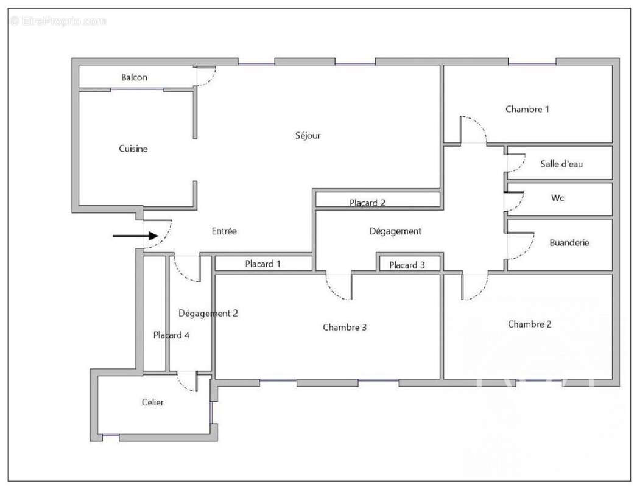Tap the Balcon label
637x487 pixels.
134,77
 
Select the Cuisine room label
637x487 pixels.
133,149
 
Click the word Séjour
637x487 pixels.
308,136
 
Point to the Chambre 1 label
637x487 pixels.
527,110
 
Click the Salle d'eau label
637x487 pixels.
561,164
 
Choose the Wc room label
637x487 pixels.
557,198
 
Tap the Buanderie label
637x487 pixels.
569,242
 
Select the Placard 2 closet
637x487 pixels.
367,203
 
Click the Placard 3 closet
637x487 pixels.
407,265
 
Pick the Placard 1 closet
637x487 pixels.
263,264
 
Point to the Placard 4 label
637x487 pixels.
171,335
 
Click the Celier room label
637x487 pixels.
152,402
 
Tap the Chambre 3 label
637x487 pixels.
345,328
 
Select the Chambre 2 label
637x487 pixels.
530,324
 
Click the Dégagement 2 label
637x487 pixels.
208,314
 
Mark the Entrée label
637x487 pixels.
224,231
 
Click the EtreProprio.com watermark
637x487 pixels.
58,21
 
